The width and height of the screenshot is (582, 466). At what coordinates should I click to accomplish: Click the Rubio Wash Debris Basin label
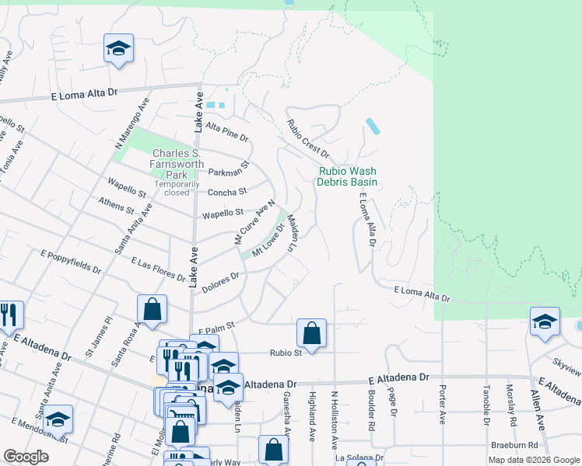pos(346,176)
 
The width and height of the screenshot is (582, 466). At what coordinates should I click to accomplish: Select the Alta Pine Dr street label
pos(226,133)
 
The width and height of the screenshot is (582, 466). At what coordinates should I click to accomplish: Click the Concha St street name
pos(226,192)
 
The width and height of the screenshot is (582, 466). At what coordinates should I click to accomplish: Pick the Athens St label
pos(117,204)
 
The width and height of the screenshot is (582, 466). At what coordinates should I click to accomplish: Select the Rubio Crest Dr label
pos(308,138)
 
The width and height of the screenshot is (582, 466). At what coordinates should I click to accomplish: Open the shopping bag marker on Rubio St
pos(311,334)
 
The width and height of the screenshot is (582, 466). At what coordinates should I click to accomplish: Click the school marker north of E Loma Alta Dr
pos(118,50)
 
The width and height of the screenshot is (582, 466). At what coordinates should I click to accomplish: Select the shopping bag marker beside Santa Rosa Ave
pos(152,308)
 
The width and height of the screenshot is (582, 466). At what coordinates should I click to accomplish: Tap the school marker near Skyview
pos(545,321)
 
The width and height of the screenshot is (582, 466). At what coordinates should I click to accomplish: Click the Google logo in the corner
pos(26,457)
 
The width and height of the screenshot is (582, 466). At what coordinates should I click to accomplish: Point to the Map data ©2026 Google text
pos(534,460)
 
